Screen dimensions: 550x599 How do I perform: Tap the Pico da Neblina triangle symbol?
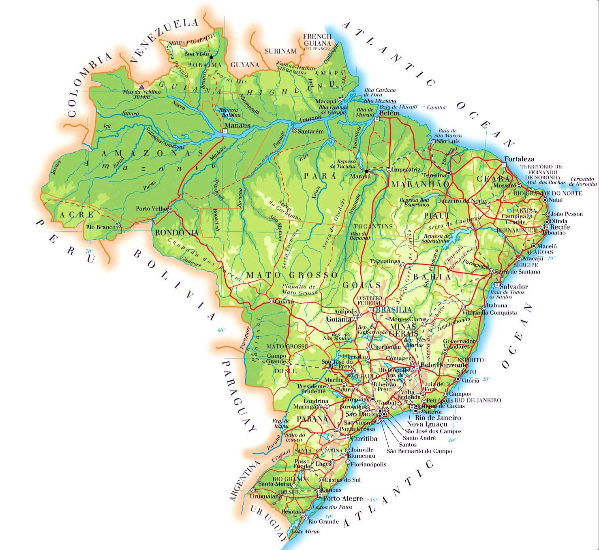[x=141, y=87]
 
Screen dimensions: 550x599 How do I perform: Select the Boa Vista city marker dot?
[x=211, y=57]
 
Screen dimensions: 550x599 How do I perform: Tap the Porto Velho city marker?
[x=170, y=211]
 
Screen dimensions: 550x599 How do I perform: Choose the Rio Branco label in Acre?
[x=100, y=227]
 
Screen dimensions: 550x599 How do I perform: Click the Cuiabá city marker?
[x=271, y=301]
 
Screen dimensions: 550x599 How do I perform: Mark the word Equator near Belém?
[x=436, y=108]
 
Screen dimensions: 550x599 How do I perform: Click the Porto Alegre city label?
[x=342, y=498]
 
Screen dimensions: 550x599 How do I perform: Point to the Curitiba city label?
[x=364, y=439]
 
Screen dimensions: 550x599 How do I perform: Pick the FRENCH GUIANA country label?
[x=317, y=40]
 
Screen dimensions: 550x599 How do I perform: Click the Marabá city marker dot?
[x=366, y=171]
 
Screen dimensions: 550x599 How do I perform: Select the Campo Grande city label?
[x=276, y=359]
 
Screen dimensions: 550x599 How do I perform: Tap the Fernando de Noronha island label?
[x=582, y=181]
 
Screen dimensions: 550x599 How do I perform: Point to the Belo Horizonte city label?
[x=444, y=365]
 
